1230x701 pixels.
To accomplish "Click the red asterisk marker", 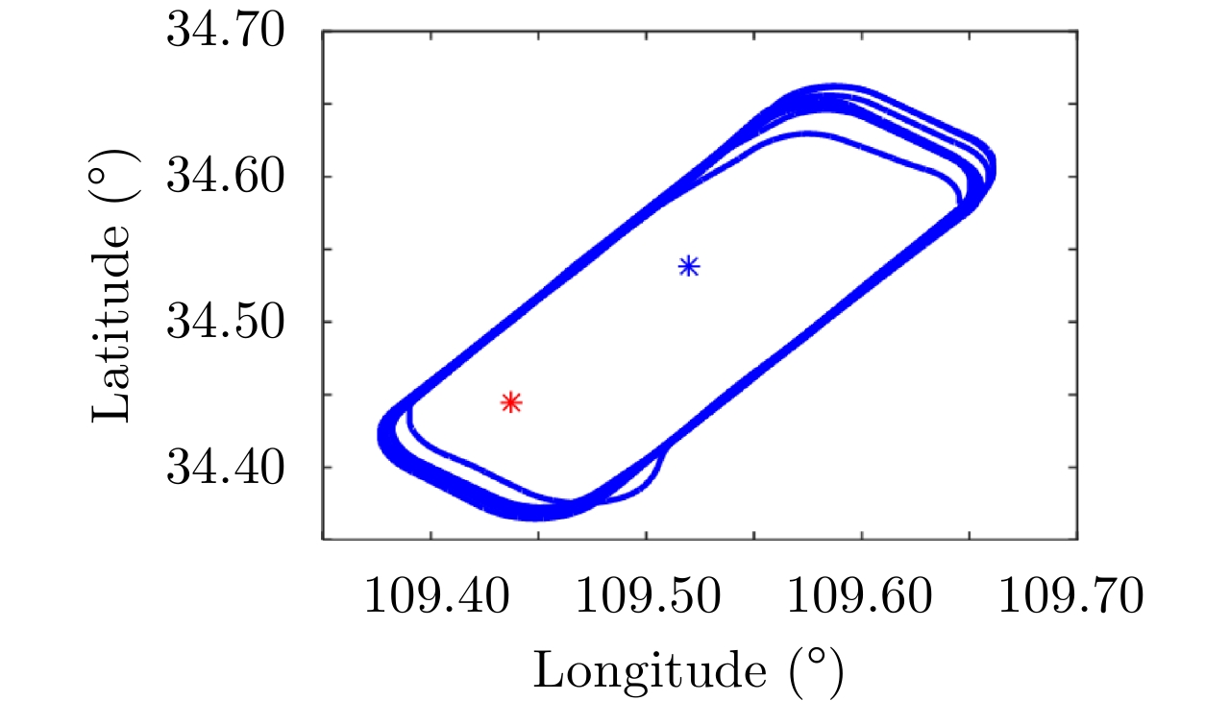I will pos(511,402).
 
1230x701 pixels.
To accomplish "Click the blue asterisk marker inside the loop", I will pos(689,266).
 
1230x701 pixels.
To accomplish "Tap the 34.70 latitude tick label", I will pos(227,31).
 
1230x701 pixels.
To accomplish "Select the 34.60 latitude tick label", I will pos(227,177).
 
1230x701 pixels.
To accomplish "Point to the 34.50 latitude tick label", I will pos(227,322).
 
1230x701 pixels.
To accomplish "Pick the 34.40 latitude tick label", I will pos(227,468).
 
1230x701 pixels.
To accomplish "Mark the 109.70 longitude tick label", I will pos(1072,597).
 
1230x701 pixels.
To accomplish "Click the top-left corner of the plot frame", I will pos(323,32).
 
